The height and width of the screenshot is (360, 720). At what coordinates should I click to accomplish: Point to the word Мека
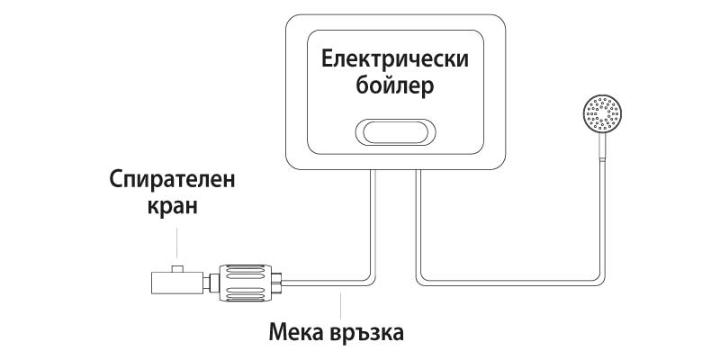pos(298,333)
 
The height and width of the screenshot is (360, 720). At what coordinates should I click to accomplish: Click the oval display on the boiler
pos(396,132)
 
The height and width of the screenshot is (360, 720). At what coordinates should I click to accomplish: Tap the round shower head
pos(600,117)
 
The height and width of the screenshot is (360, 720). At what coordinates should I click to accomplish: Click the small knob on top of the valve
pos(178,267)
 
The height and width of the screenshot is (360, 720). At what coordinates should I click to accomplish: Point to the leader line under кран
pos(178,245)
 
